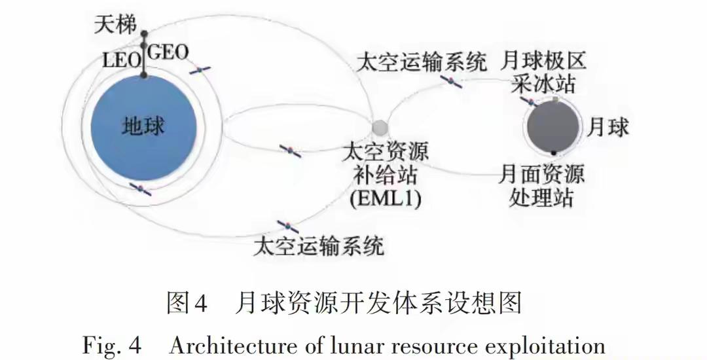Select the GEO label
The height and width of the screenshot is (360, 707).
click(x=168, y=52)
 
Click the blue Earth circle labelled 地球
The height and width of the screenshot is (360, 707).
click(x=143, y=126)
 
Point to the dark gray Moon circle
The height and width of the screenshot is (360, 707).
click(x=553, y=126)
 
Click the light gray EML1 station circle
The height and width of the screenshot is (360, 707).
click(x=380, y=126)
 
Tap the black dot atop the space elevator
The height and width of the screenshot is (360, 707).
click(x=145, y=34)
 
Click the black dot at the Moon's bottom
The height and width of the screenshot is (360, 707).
click(x=554, y=153)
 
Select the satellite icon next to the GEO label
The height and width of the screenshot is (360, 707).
click(x=200, y=69)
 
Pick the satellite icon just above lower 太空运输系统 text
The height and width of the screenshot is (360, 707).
click(x=288, y=226)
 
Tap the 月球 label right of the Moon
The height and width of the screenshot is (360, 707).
click(x=608, y=126)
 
